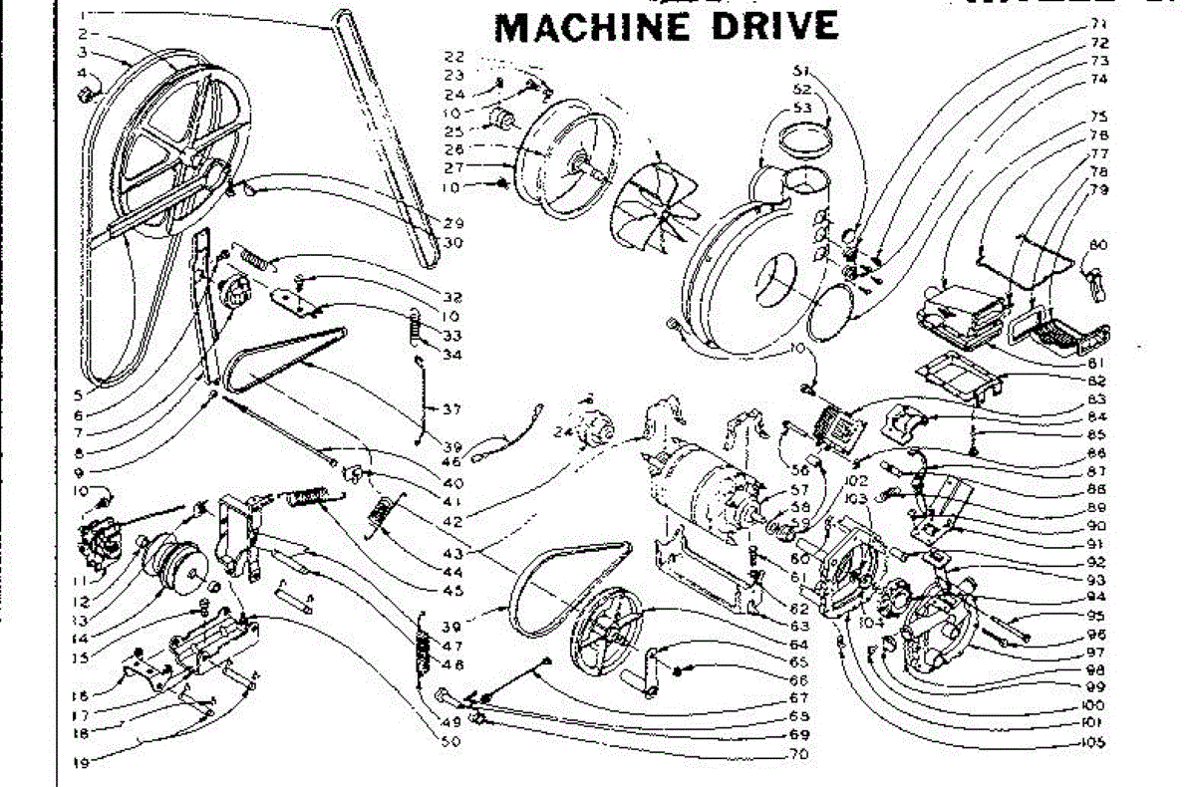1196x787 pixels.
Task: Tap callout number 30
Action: point(453,242)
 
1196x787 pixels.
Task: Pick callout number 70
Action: point(797,753)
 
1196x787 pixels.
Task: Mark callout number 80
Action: point(1098,245)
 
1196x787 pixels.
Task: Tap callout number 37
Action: point(453,408)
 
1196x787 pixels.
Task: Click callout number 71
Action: point(1099,22)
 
